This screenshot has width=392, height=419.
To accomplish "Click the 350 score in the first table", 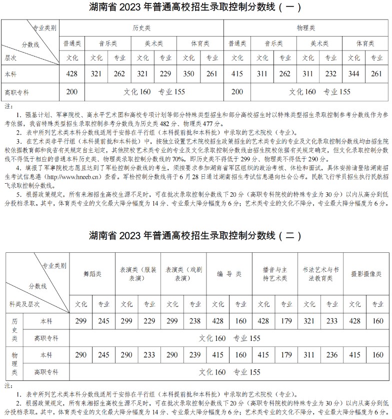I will click(x=188, y=75).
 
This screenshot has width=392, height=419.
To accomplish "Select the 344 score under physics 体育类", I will click(x=353, y=75).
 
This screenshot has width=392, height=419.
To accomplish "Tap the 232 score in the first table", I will click(x=330, y=75).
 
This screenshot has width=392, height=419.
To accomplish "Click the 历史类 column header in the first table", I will click(x=141, y=28).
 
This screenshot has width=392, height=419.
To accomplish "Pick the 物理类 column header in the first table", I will click(x=305, y=28).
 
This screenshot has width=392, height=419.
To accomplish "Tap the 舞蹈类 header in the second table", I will click(x=92, y=274).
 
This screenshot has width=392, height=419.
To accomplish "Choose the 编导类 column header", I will click(x=229, y=274).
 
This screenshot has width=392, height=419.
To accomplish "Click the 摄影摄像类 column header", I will click(x=366, y=274).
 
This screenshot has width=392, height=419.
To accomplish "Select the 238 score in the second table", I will click(x=194, y=321).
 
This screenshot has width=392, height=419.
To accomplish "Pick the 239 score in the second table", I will click(x=194, y=355).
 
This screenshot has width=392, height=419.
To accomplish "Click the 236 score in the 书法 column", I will click(x=331, y=355).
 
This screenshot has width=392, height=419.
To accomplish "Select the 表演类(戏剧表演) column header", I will click(x=184, y=274).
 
